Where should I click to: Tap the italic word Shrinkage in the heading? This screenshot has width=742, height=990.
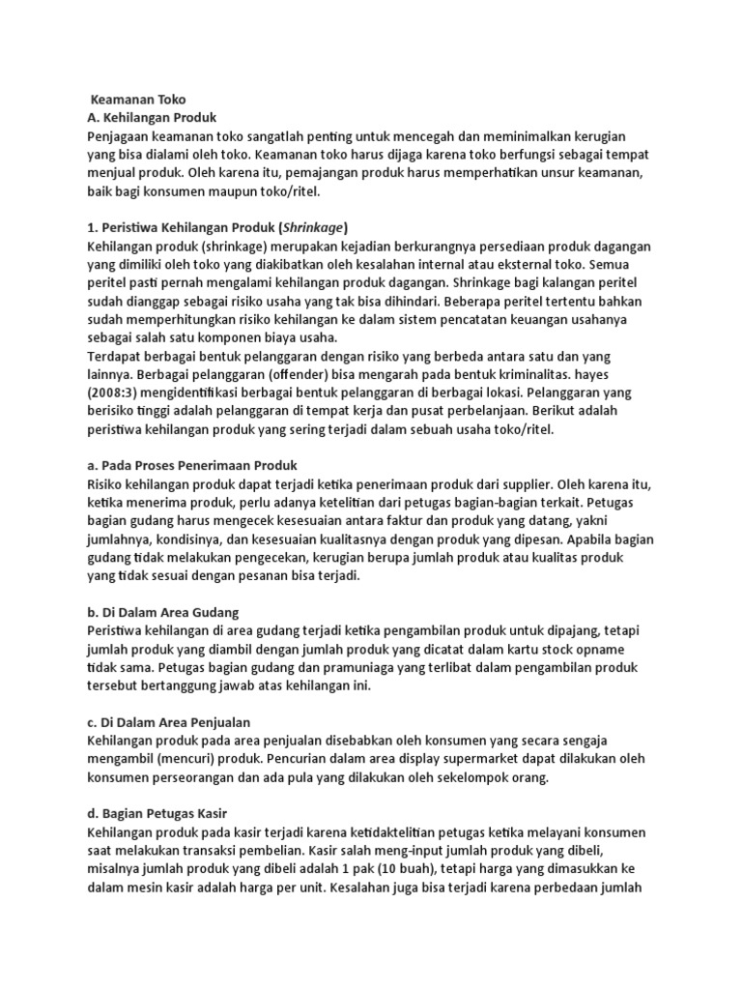pos(304,228)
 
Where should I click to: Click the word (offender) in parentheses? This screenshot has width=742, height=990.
pos(300,376)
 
